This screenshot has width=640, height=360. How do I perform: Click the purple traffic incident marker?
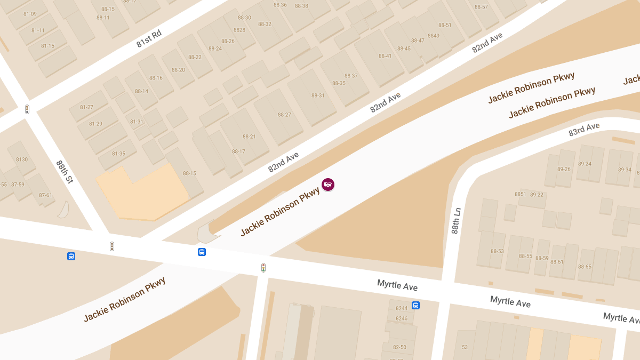328,185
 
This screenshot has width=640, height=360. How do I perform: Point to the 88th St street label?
65,172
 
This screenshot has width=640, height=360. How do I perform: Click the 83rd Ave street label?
584,129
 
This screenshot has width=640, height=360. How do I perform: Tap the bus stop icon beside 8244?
415,306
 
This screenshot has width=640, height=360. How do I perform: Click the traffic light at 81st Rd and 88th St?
27,109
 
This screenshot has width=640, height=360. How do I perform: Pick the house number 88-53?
497,251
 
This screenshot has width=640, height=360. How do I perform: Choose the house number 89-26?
563,170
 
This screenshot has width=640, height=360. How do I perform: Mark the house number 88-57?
481,7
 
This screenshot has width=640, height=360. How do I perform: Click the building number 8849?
434,36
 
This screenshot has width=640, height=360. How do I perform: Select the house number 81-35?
118,154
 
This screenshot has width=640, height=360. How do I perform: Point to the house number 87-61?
45,195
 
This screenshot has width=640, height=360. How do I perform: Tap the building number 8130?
22,159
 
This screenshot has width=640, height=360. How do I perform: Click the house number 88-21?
249,137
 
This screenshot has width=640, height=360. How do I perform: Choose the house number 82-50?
399,347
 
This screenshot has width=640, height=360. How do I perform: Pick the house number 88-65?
585,267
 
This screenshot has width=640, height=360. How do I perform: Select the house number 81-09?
30,14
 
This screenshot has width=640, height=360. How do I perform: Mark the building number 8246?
401,318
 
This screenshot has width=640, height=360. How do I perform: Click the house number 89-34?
625,170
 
